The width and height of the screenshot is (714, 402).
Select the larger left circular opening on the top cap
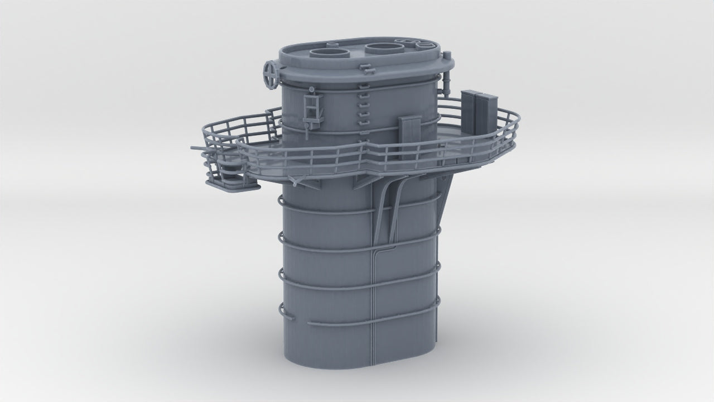pyautogui.click(x=330, y=54)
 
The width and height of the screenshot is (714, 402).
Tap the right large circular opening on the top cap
pyautogui.click(x=385, y=49)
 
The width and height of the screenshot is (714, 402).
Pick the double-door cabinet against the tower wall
pyautogui.click(x=410, y=136)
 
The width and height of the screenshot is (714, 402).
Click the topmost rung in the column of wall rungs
pyautogui.click(x=363, y=86)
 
